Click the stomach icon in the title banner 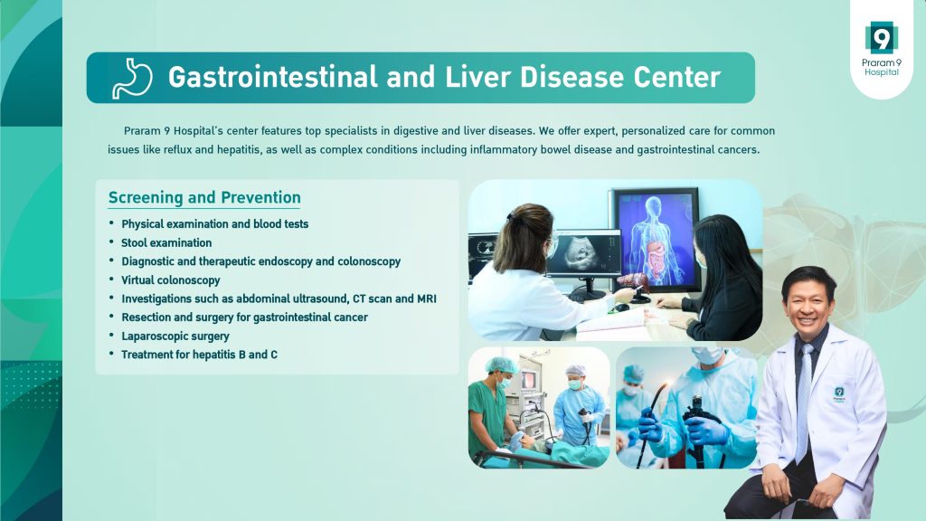(132, 78)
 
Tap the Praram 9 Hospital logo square (881, 38)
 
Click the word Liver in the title (477, 77)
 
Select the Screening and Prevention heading (204, 197)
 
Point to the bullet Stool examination (166, 242)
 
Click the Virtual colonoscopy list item (171, 280)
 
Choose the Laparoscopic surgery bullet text (175, 336)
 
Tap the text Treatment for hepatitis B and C (199, 355)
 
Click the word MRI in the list (427, 298)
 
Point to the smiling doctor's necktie (804, 403)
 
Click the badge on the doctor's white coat (839, 394)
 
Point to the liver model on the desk (633, 283)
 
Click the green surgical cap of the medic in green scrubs (501, 365)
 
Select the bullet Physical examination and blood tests (215, 224)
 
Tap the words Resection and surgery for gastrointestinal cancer (244, 317)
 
